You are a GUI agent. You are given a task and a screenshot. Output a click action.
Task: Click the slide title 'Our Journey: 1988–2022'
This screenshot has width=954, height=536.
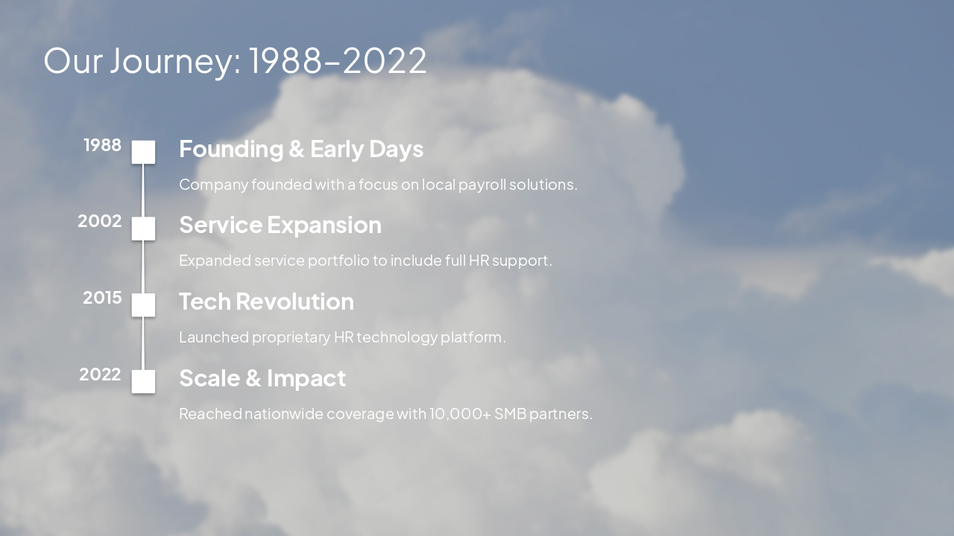tap(235, 60)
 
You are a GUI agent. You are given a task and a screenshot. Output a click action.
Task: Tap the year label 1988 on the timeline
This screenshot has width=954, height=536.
tap(102, 145)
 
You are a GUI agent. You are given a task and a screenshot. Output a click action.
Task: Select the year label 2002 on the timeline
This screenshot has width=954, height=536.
tap(100, 221)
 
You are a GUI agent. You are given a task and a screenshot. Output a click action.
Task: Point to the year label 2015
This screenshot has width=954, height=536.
tap(102, 298)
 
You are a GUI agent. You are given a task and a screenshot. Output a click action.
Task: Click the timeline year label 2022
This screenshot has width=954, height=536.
tap(100, 374)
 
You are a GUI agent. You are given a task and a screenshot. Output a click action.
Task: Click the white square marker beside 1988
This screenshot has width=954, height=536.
tap(143, 152)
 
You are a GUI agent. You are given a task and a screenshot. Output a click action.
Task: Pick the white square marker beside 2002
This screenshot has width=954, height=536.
tap(143, 229)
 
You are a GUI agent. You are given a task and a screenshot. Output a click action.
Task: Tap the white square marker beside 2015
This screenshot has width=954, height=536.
tap(143, 304)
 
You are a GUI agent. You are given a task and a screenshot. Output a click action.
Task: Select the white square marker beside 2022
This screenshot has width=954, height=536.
tap(143, 381)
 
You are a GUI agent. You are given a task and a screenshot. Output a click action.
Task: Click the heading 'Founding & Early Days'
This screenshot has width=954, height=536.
tap(301, 149)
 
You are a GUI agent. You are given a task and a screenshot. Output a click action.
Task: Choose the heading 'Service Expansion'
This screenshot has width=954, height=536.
tap(280, 225)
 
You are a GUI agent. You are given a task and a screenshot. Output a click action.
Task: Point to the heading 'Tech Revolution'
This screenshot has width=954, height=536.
tap(266, 301)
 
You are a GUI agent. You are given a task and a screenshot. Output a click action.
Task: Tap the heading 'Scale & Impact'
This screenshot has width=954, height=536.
tap(262, 378)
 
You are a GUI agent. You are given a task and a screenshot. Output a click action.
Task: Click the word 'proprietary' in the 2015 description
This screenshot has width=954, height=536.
tap(291, 337)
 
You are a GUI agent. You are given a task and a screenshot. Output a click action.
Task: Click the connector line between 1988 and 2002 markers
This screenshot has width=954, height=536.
tap(143, 191)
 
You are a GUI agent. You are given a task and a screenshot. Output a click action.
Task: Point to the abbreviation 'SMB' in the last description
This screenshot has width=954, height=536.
tap(510, 414)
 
